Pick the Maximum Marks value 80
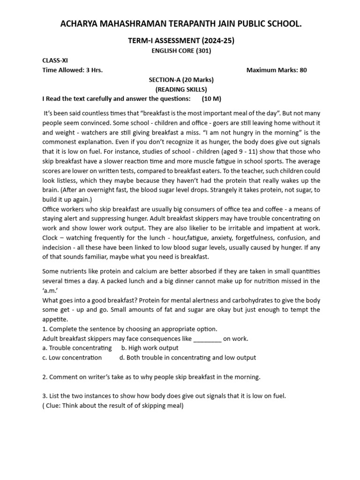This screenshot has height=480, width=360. click(x=303, y=70)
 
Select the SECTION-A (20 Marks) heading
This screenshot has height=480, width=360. click(x=181, y=80)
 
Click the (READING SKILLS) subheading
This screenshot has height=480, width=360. click(x=181, y=89)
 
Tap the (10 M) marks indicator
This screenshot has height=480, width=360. click(x=211, y=99)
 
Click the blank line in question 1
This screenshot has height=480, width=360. click(x=207, y=338)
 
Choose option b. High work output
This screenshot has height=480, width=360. click(x=150, y=348)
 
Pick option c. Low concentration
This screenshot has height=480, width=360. click(x=72, y=358)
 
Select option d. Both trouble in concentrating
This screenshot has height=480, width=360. click(x=187, y=358)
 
